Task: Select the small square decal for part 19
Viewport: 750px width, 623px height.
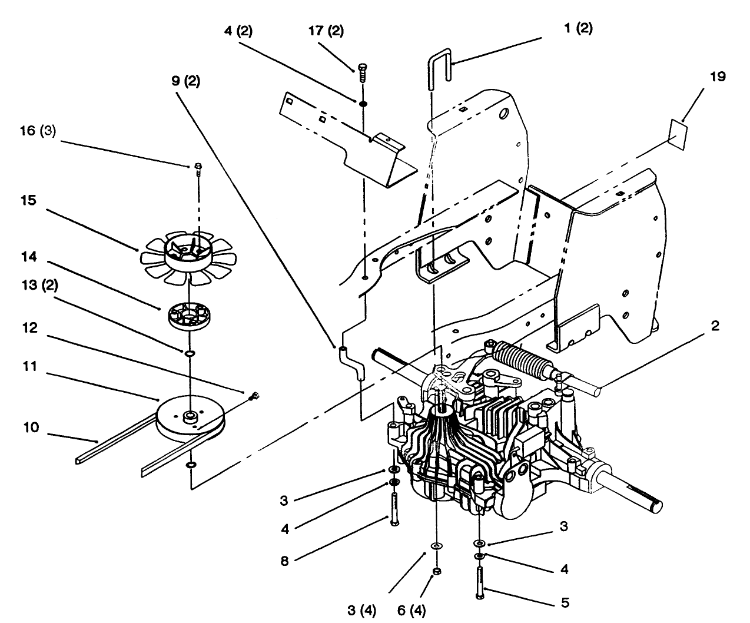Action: coord(678,134)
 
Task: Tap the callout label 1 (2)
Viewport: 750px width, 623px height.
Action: coord(578,29)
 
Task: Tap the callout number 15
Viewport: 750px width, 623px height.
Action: coord(28,201)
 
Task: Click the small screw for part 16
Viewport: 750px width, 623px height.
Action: coord(198,168)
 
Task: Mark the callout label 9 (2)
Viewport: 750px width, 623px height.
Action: coord(185,82)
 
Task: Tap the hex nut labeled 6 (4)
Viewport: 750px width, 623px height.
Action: coord(436,572)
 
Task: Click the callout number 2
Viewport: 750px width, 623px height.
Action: coord(714,326)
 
